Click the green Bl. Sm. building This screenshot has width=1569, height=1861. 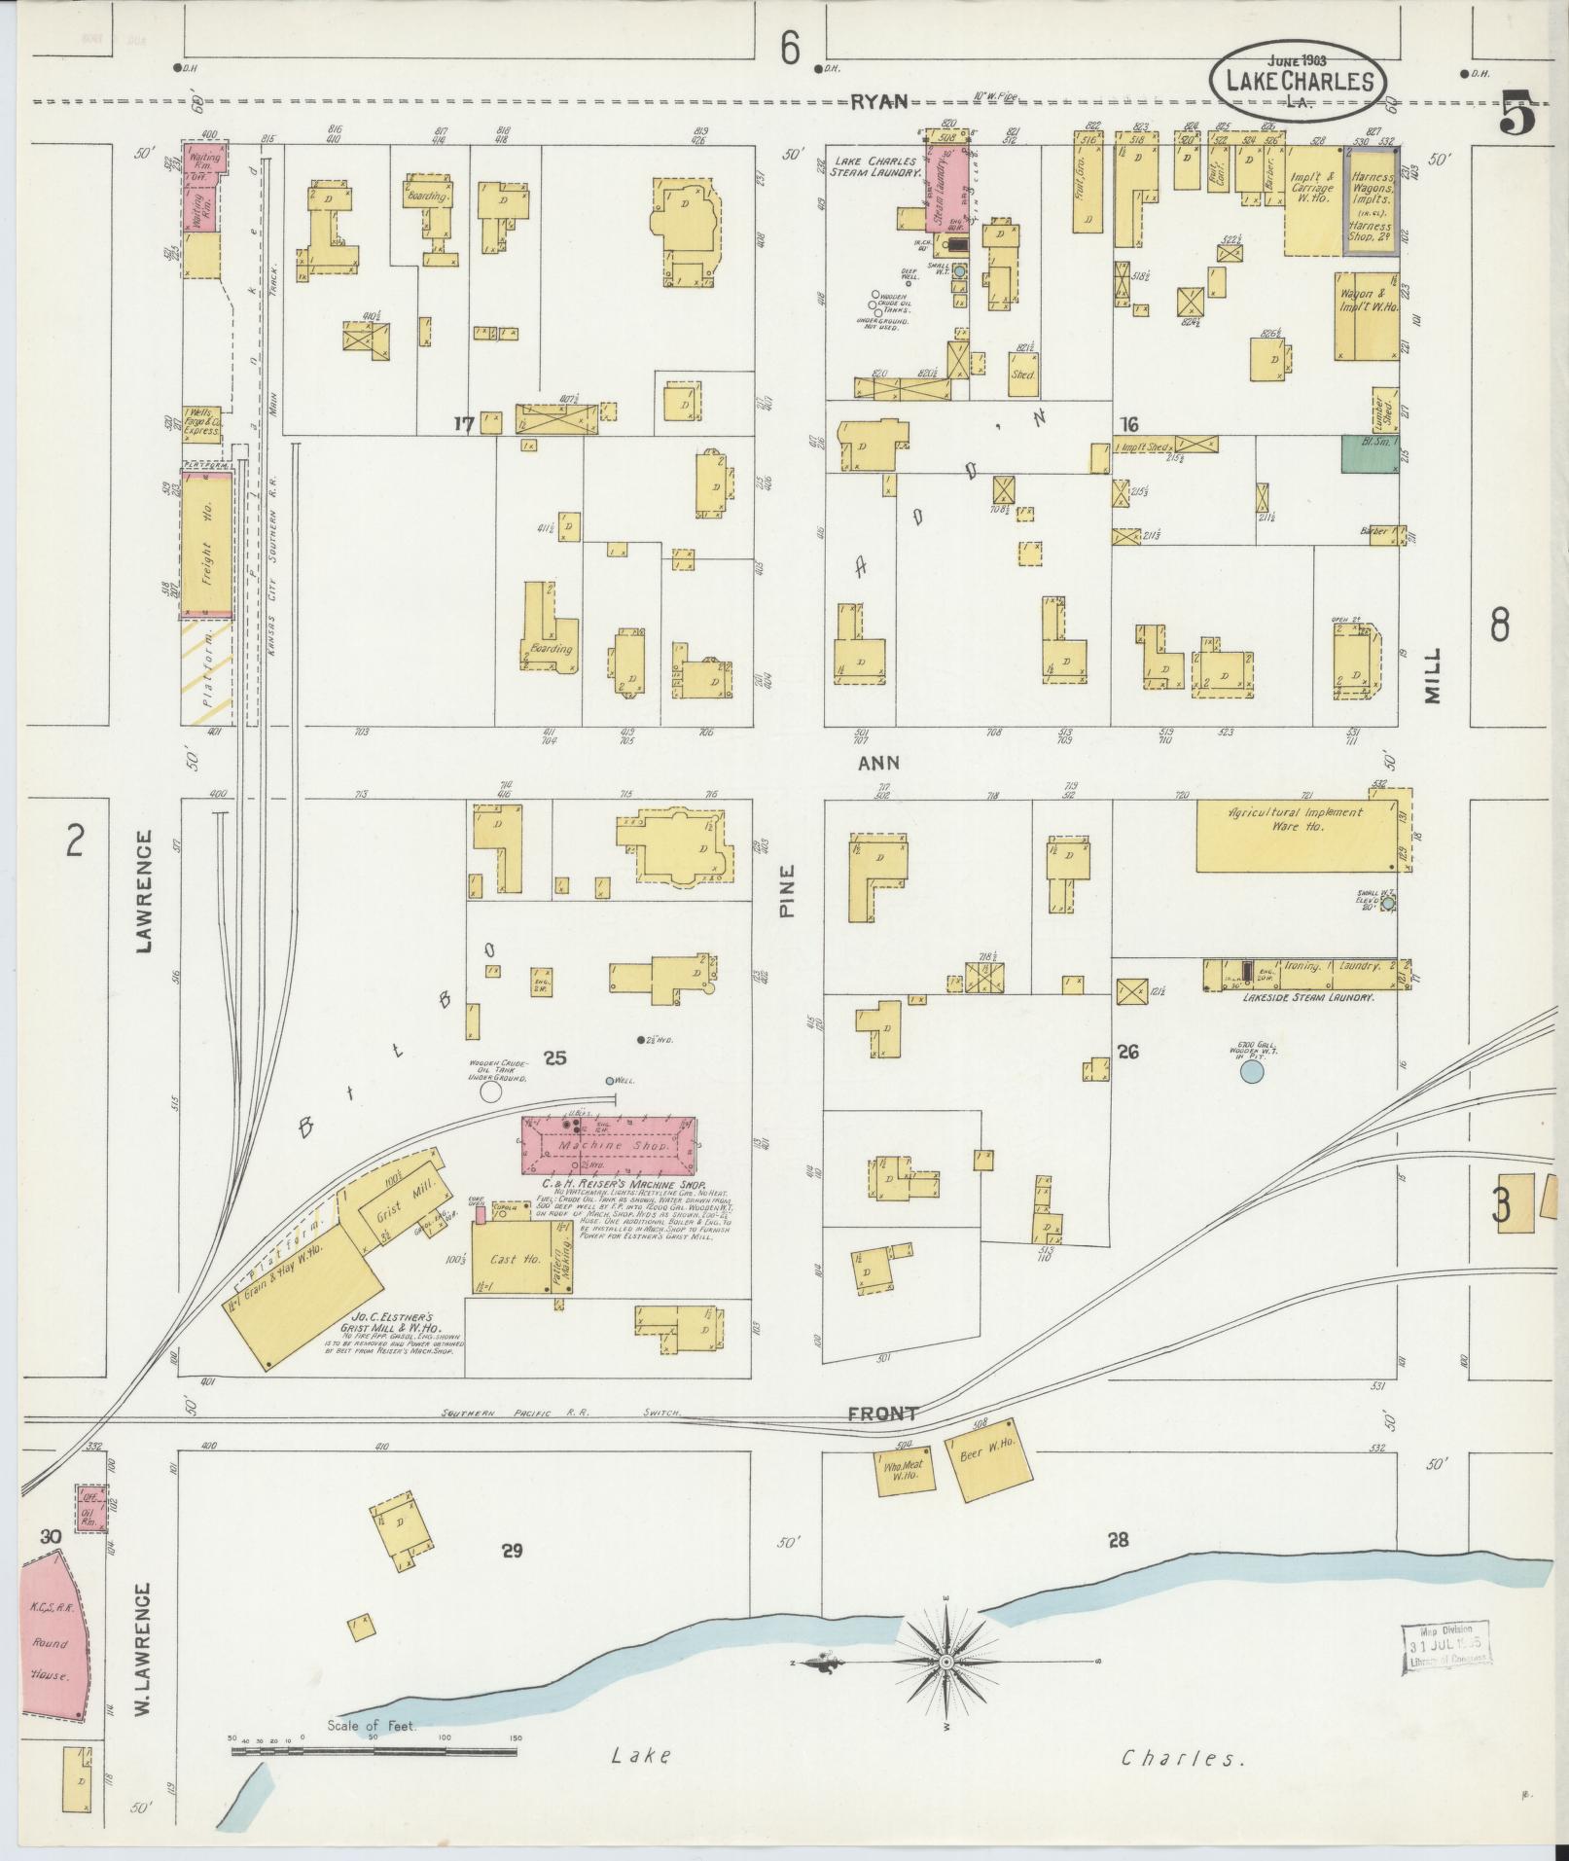1368,454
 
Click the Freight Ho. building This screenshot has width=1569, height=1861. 206,544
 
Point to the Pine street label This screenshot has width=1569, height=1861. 787,890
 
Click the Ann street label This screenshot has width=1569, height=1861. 877,764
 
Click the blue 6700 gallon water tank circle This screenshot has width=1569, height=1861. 1252,1072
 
